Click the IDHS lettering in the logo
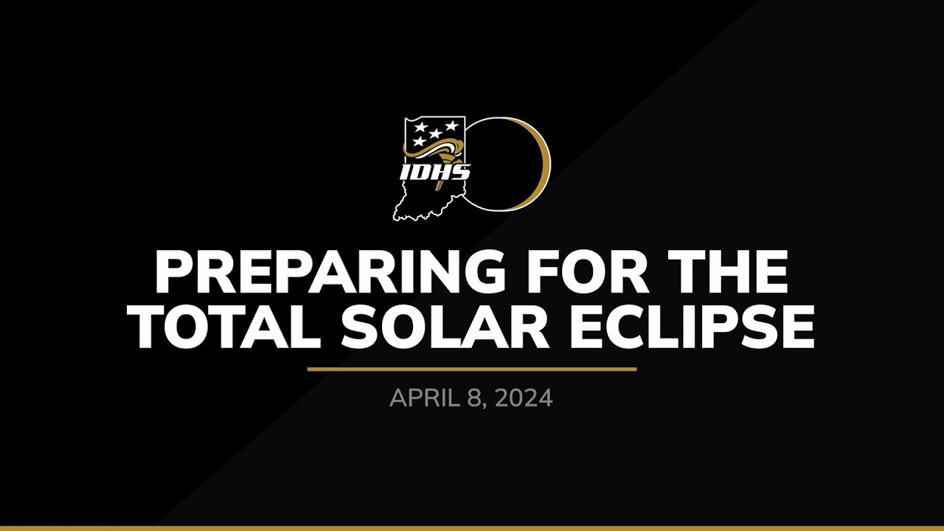(434, 173)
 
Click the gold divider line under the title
(472, 369)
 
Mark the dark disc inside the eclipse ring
(505, 164)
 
